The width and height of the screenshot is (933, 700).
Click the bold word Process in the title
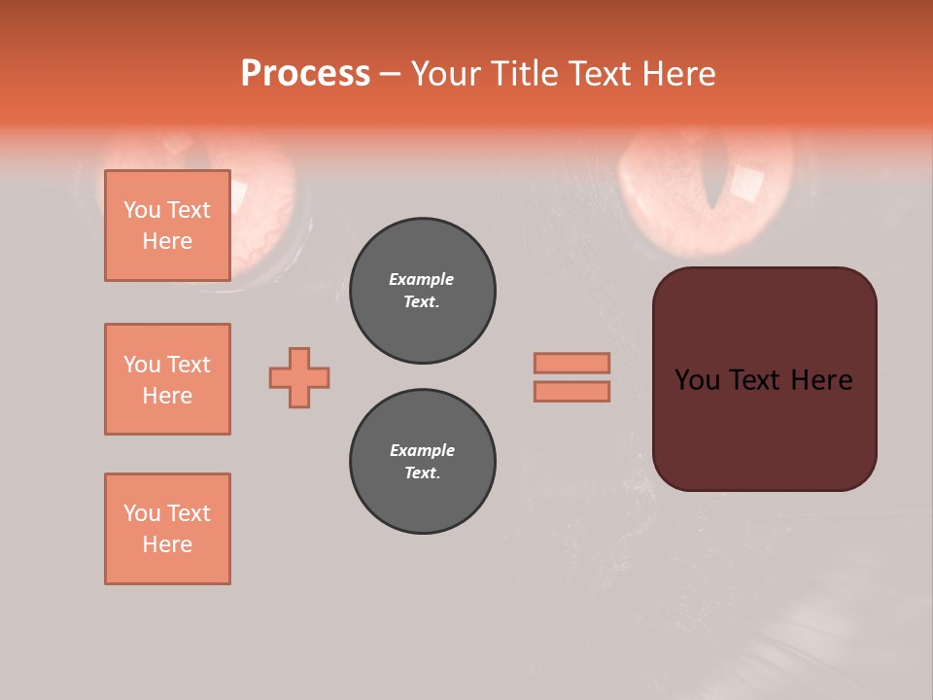[305, 74]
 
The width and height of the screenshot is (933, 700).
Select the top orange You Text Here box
[167, 226]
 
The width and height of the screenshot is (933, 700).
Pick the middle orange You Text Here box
[167, 379]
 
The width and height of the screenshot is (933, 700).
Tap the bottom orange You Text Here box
[167, 529]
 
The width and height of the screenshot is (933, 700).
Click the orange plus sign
[299, 377]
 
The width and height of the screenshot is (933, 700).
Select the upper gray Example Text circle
[423, 291]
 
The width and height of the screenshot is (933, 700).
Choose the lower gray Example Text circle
[423, 462]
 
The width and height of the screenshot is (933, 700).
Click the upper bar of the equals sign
[572, 363]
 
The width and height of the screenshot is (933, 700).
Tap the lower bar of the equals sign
[572, 392]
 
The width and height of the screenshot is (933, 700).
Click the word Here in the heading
[676, 74]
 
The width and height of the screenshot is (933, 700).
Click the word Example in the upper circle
[422, 279]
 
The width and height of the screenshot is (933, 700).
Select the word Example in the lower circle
[422, 450]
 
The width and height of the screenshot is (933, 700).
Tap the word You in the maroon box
[697, 380]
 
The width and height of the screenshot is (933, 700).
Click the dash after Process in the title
[391, 74]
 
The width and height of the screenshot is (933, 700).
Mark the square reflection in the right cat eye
[748, 183]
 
